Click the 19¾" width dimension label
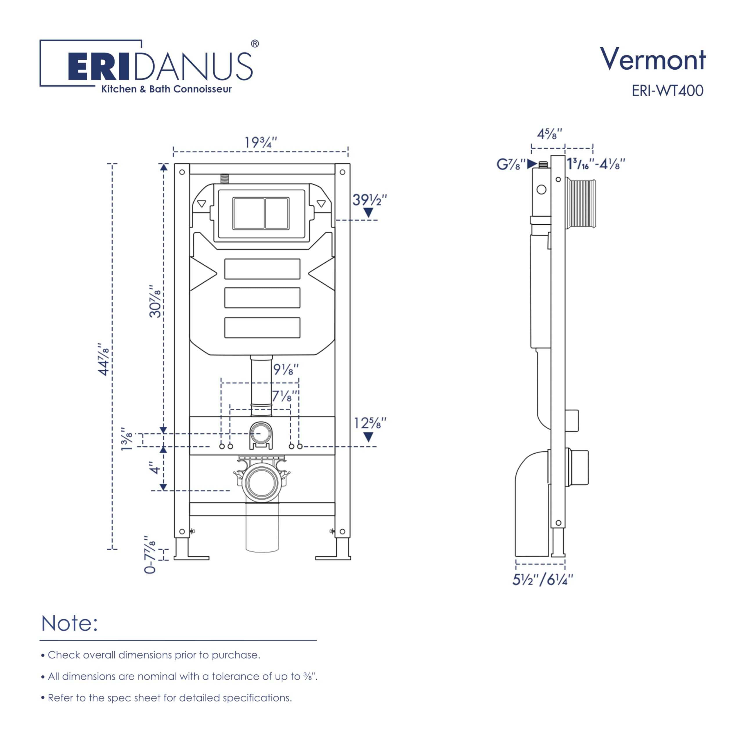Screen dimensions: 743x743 click(261, 143)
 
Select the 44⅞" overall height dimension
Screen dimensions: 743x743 click(104, 360)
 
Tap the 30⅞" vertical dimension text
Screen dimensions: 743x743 click(155, 302)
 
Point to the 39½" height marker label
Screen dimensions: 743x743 click(369, 200)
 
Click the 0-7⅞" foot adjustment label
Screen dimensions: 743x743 click(150, 554)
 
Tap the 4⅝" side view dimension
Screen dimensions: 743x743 click(549, 134)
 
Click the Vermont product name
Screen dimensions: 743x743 click(653, 59)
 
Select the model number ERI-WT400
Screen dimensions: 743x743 click(667, 91)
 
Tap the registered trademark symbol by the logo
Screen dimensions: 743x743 click(255, 44)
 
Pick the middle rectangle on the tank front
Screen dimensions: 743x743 click(262, 298)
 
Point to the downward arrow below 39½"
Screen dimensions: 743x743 click(368, 213)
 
